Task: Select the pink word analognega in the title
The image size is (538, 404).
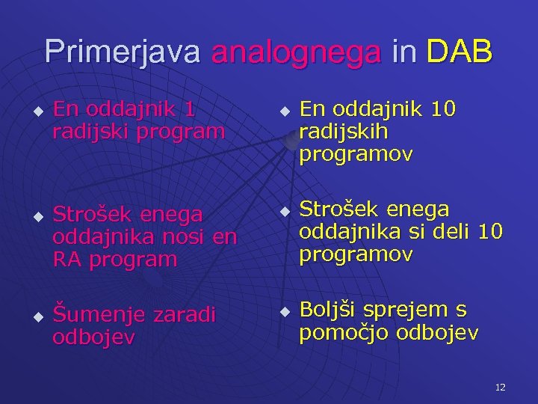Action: pos(296,52)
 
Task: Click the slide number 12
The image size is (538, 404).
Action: pos(500,387)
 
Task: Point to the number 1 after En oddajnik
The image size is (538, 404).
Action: pos(190,109)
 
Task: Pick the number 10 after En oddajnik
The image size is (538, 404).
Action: pos(443,109)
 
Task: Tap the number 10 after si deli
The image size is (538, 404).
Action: pos(491,232)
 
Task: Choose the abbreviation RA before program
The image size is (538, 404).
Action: pos(67,260)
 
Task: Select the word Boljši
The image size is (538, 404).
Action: pos(330,309)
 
